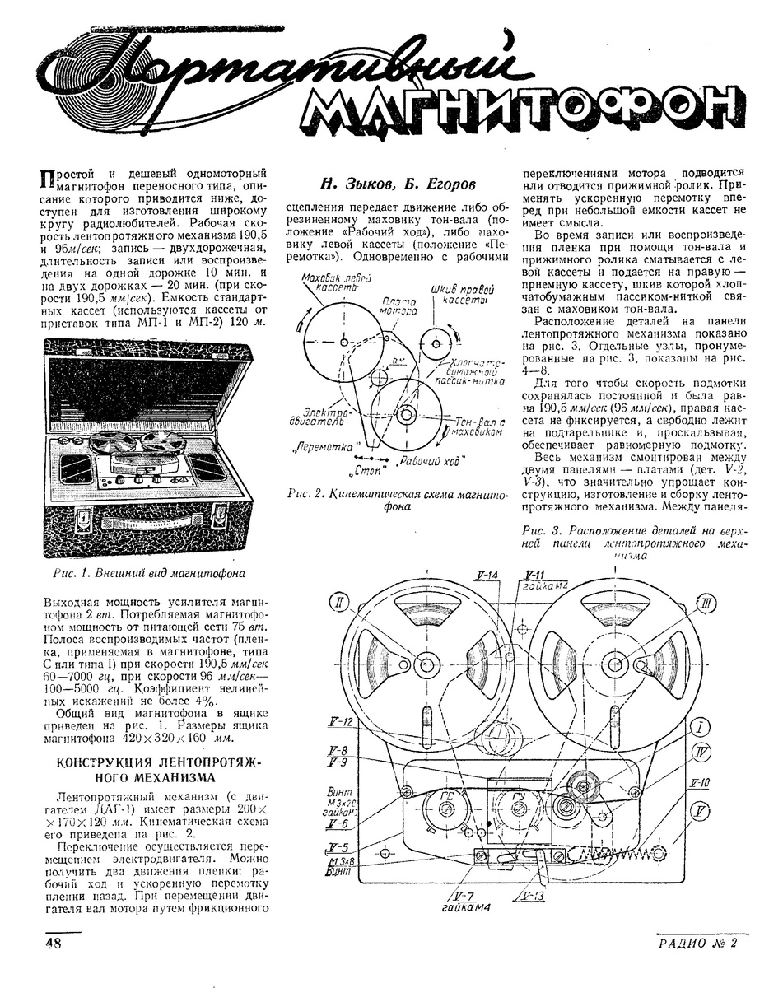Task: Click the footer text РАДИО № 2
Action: pyautogui.click(x=697, y=944)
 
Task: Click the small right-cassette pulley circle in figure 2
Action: pyautogui.click(x=433, y=340)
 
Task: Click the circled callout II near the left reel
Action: pyautogui.click(x=340, y=604)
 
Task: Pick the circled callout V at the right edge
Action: pyautogui.click(x=701, y=812)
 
